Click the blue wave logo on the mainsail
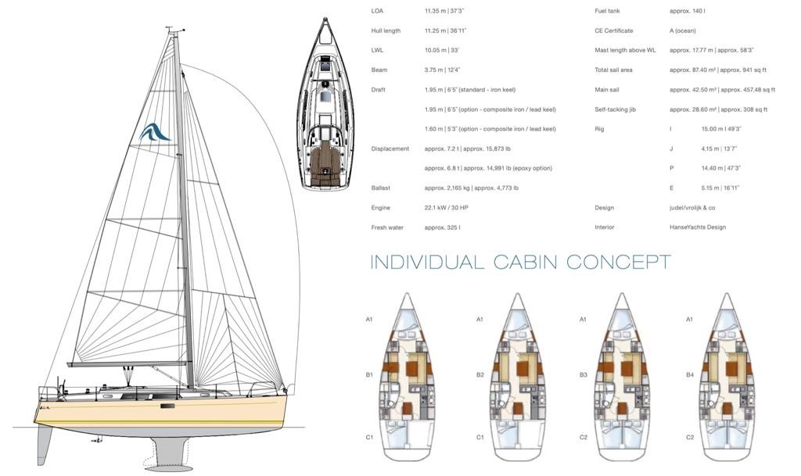[154, 133]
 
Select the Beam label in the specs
[379, 70]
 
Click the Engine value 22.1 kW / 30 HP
[449, 208]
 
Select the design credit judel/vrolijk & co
[692, 208]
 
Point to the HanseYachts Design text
[698, 227]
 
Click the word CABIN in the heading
[525, 262]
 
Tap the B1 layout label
[369, 375]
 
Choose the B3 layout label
[583, 375]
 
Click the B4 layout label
[689, 375]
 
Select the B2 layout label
[480, 375]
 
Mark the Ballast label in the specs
[381, 188]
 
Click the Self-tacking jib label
[616, 109]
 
